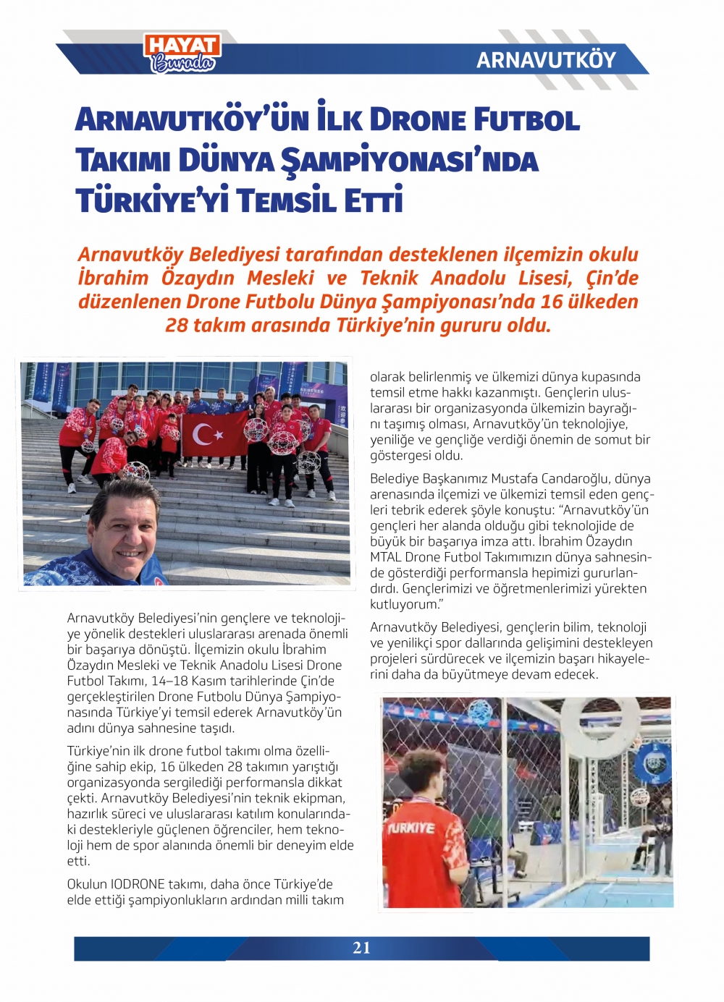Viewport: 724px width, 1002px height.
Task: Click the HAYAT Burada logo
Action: coord(182,53)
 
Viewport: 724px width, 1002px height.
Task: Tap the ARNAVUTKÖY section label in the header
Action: coord(546,60)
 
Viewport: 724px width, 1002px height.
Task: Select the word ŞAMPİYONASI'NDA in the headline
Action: coord(409,161)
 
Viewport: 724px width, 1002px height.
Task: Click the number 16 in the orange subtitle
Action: coord(552,302)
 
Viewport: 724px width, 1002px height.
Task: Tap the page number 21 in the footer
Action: coord(361,948)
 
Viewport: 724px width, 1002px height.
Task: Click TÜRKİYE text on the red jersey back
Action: coord(412,828)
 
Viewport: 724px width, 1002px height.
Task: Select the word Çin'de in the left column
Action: coord(316,681)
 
